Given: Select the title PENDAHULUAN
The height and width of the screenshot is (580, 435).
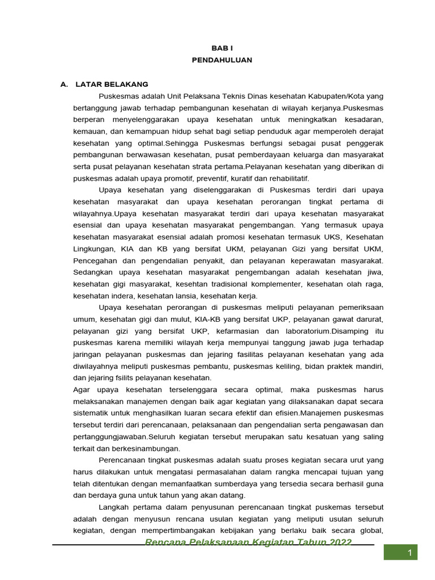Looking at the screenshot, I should point(217,59).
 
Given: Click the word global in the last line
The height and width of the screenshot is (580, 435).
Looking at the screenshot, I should point(370,531).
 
